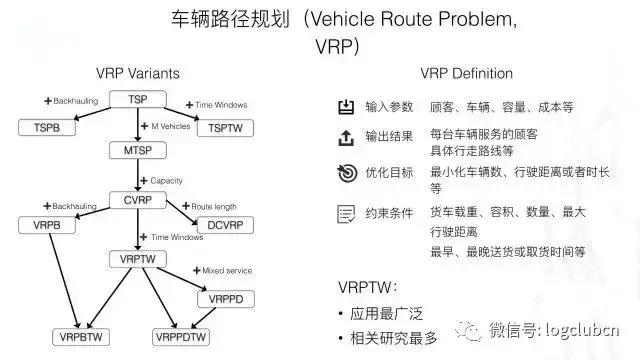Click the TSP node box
coord(138,98)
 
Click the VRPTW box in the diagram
coord(137,259)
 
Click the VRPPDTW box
coord(185,336)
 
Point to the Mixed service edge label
coord(222,272)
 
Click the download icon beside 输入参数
coord(346,106)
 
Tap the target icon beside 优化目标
coord(346,172)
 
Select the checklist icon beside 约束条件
coord(346,213)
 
